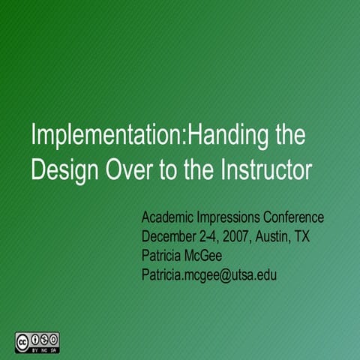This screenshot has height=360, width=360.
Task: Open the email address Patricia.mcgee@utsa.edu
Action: tap(210, 275)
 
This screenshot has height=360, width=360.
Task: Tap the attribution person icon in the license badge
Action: tap(35, 337)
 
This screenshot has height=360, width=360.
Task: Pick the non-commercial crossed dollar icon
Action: tap(44, 337)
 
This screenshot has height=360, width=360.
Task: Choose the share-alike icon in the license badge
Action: tap(53, 337)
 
